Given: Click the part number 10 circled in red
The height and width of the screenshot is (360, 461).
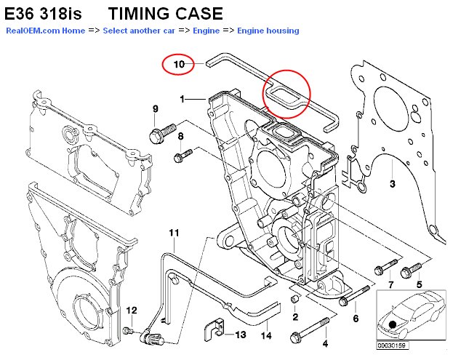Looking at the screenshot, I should [179, 65].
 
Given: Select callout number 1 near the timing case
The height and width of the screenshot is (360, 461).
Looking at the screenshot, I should [183, 98].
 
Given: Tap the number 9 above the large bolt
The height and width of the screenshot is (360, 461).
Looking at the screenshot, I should [155, 109].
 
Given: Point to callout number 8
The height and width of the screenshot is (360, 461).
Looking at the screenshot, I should [180, 137].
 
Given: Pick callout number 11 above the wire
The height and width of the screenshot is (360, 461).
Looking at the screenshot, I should [174, 233].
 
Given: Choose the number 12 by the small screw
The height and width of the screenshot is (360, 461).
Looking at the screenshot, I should [131, 311].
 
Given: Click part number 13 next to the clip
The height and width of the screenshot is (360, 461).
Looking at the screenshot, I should [240, 335].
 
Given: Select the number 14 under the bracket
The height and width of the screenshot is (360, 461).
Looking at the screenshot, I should [266, 335].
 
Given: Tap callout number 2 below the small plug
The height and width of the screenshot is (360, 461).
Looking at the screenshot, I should [295, 317].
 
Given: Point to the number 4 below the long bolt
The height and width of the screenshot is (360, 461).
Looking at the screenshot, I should [325, 343].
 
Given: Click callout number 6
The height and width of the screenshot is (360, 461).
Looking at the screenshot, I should [356, 319].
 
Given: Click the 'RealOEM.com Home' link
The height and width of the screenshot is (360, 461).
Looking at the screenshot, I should [45, 31].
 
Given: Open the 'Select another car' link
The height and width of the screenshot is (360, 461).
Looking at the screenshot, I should [137, 31].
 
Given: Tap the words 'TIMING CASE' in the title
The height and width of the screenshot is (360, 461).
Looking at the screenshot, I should [166, 14].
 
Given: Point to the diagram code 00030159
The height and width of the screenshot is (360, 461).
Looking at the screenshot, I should [391, 345].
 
